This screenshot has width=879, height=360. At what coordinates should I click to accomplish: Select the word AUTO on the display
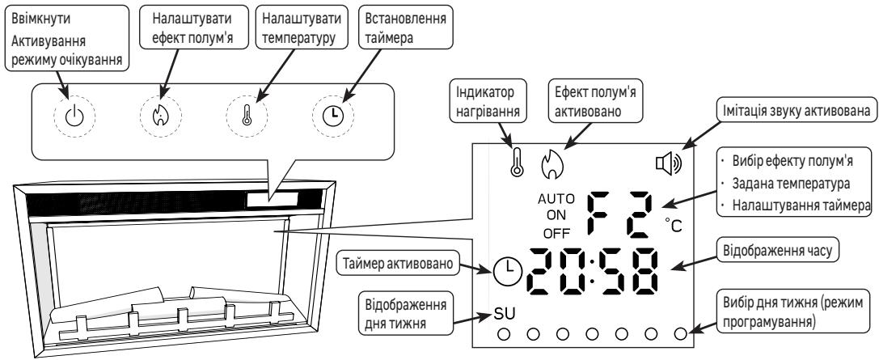click(x=554, y=199)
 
